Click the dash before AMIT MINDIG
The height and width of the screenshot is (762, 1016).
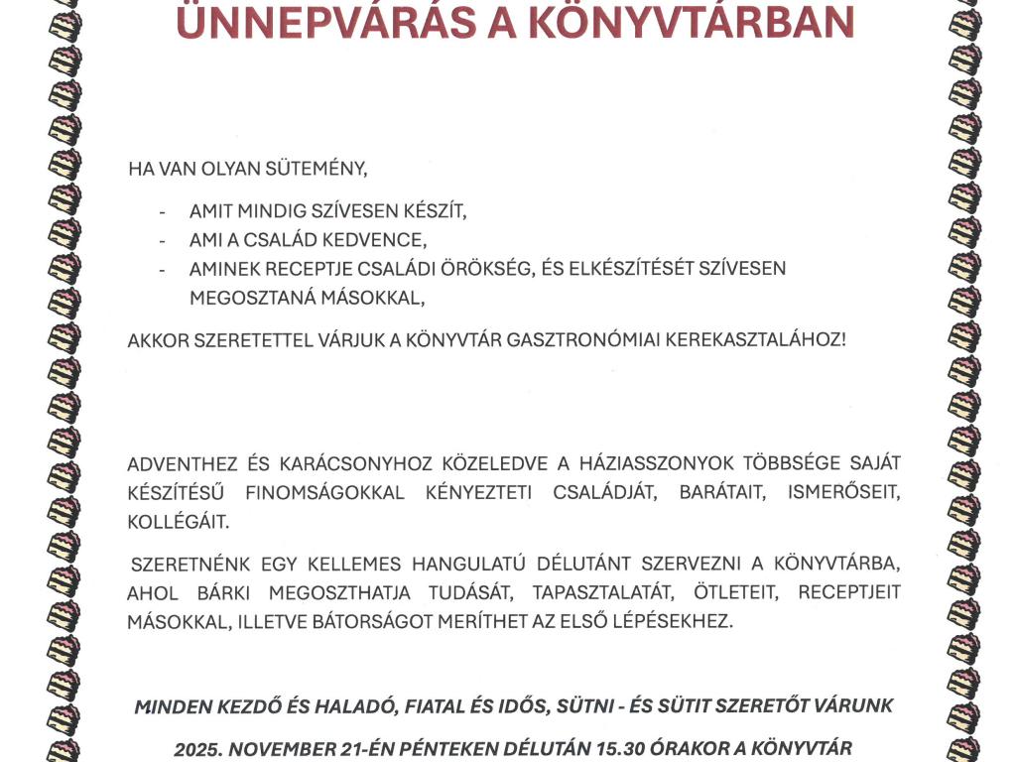click(x=162, y=212)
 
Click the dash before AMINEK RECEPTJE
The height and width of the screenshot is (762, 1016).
click(x=162, y=269)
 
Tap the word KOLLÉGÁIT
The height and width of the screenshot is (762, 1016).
click(x=178, y=521)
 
